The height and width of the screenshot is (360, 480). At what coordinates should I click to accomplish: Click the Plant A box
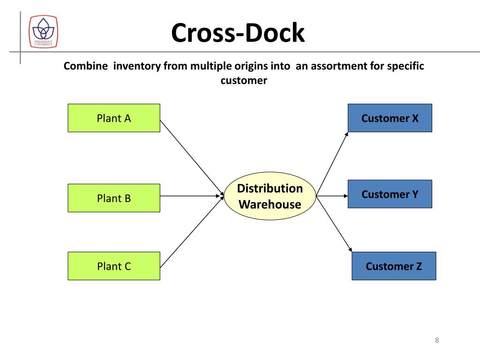[x=114, y=118]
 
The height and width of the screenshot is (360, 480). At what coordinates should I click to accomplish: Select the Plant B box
[x=114, y=198]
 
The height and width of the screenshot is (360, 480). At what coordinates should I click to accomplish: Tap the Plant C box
[x=114, y=266]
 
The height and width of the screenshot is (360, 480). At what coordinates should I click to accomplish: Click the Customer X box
[x=390, y=118]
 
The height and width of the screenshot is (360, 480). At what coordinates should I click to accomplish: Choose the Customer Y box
[x=390, y=194]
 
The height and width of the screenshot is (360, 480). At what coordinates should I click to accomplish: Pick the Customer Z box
[x=394, y=266]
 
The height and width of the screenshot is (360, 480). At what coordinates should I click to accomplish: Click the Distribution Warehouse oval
[x=270, y=196]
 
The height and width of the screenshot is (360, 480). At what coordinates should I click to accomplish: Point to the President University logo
[x=43, y=31]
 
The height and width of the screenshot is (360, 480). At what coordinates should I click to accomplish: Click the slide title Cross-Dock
[x=238, y=32]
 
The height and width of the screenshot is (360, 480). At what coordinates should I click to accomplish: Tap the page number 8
[x=437, y=340]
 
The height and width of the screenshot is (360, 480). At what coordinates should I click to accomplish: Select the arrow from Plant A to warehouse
[x=192, y=158]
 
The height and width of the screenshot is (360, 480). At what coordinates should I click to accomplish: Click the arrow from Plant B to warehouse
[x=192, y=196]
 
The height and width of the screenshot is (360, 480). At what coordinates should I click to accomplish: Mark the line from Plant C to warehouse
[x=192, y=232]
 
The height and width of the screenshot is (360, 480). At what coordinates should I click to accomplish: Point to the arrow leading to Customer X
[x=332, y=164]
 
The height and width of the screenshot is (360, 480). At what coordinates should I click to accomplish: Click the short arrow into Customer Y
[x=332, y=196]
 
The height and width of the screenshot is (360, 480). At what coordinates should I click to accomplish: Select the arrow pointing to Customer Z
[x=334, y=224]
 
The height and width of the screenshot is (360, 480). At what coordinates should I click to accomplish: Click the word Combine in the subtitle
[x=86, y=66]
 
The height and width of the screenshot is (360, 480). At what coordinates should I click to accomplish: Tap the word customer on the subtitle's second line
[x=244, y=81]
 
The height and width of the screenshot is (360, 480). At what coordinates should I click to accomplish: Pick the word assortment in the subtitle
[x=339, y=66]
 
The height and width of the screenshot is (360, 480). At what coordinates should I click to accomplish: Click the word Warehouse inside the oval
[x=270, y=204]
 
